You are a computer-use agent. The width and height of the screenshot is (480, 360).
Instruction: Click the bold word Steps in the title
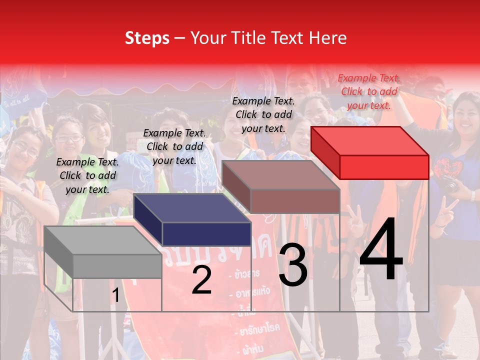(147, 38)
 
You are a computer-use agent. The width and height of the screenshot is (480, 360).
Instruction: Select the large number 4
(381, 250)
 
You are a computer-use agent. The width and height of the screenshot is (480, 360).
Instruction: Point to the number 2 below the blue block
(201, 280)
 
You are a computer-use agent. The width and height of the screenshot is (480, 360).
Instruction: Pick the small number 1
(115, 295)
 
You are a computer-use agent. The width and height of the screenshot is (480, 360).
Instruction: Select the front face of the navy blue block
(206, 234)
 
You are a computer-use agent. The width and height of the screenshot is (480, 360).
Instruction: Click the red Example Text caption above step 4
(369, 91)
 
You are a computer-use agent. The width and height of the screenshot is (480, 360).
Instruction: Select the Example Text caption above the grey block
(87, 175)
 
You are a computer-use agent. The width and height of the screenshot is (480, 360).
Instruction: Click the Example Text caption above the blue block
(174, 146)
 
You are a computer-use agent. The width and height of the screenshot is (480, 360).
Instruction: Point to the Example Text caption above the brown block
(263, 114)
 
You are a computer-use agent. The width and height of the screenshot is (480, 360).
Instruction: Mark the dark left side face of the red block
(325, 152)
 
